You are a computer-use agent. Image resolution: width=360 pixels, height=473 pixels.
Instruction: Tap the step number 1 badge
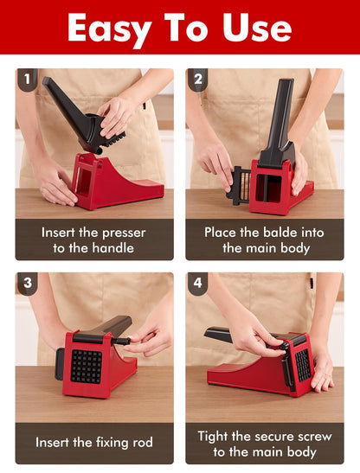tap(27, 80)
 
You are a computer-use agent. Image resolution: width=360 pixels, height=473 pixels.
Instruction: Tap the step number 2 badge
tap(197, 80)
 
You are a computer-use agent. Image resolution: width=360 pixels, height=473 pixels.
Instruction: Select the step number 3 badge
tap(27, 284)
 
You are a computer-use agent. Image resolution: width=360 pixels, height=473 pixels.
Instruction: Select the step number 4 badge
tap(197, 284)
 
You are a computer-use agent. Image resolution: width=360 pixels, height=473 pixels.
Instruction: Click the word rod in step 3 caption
tap(140, 443)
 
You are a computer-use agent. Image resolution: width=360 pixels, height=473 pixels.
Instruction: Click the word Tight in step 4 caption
tap(215, 436)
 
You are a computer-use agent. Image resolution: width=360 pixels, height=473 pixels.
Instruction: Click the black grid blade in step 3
tap(85, 366)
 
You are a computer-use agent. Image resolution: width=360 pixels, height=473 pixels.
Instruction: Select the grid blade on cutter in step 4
tap(303, 365)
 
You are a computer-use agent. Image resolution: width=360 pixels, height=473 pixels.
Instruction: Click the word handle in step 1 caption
tap(118, 248)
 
